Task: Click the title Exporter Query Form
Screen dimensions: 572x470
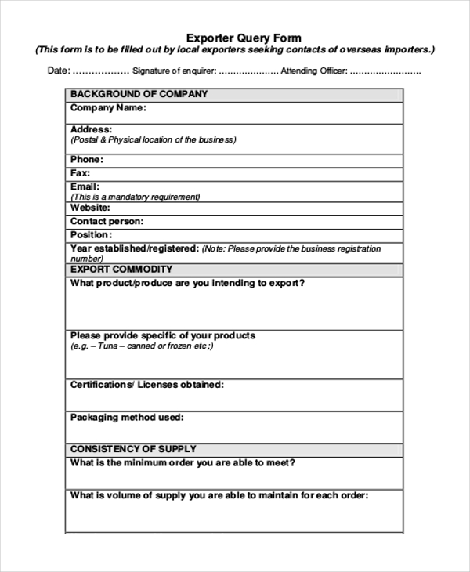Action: coord(243,38)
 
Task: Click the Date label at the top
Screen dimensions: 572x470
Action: coord(59,71)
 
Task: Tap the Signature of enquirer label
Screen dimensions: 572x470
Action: coord(174,71)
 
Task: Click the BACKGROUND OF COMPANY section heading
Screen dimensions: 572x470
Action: coord(139,94)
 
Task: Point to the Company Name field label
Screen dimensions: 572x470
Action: coord(107,108)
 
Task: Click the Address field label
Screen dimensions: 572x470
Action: coord(91,129)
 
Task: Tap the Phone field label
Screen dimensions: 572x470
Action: coord(86,160)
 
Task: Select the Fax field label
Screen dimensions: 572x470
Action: coord(80,173)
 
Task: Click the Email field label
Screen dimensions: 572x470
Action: coord(85,186)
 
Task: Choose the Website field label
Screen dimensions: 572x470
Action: coord(90,208)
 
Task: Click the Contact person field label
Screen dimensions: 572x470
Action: coord(107,222)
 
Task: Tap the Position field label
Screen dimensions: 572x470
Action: coord(91,235)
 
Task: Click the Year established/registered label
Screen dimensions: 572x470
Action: coord(134,248)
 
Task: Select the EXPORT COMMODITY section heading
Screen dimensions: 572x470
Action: coord(121,270)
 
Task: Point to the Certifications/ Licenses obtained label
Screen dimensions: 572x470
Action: coord(146,385)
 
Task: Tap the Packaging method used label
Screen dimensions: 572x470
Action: coord(126,418)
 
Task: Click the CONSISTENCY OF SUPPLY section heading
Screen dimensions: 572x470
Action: coord(133,449)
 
